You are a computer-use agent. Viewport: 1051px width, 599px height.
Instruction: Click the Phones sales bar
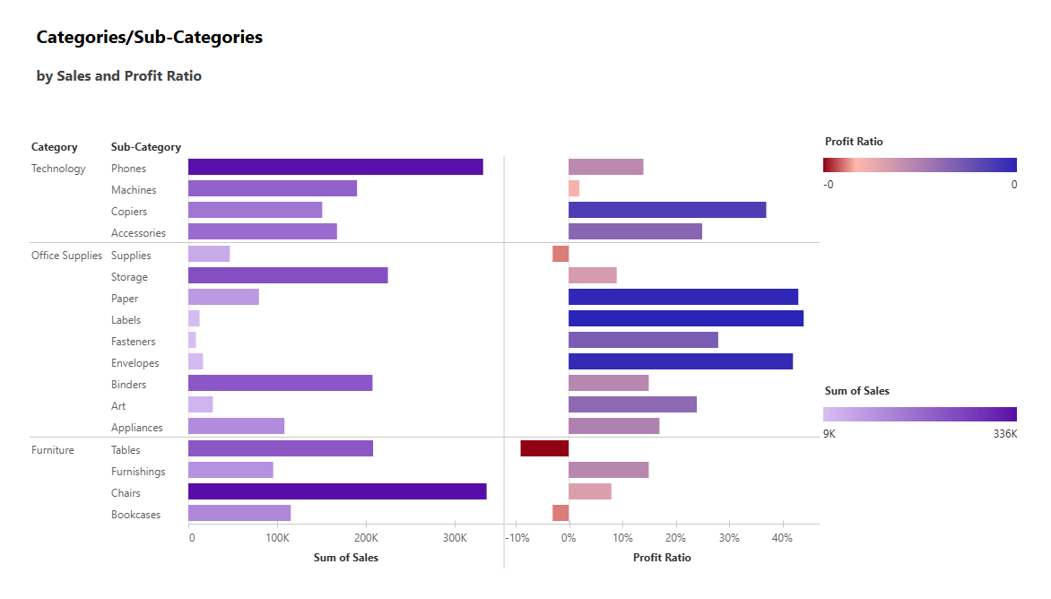(x=335, y=167)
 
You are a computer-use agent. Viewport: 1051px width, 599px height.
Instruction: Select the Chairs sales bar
(x=337, y=491)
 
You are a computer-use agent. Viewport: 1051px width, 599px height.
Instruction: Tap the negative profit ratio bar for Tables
(x=544, y=448)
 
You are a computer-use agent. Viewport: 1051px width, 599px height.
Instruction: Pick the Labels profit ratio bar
(x=686, y=318)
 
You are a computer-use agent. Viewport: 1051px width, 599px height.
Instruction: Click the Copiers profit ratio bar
(x=667, y=210)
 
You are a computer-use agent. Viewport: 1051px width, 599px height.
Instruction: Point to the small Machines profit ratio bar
(x=574, y=188)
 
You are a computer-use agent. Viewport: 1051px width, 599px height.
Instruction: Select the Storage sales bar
(x=288, y=275)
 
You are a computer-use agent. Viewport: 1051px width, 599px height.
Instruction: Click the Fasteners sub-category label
(x=133, y=342)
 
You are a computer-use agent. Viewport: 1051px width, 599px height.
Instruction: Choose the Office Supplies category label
(x=66, y=256)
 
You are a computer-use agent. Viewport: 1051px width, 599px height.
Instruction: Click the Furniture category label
(x=52, y=450)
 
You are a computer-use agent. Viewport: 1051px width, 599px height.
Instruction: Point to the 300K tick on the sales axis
(x=454, y=539)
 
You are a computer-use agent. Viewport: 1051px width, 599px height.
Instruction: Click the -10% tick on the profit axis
(x=517, y=539)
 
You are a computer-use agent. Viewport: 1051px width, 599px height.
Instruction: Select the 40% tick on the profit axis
(x=782, y=539)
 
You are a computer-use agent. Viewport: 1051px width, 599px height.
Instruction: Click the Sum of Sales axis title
(x=345, y=558)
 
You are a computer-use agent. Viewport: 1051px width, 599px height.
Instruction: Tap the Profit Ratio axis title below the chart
(x=662, y=558)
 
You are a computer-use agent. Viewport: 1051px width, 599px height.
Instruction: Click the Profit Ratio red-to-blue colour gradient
(x=919, y=165)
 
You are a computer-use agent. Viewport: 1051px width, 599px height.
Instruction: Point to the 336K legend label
(x=1005, y=434)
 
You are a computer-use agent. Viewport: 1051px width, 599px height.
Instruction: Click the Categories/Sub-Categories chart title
(x=149, y=38)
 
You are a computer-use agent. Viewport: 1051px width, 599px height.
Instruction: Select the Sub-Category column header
(x=145, y=147)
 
